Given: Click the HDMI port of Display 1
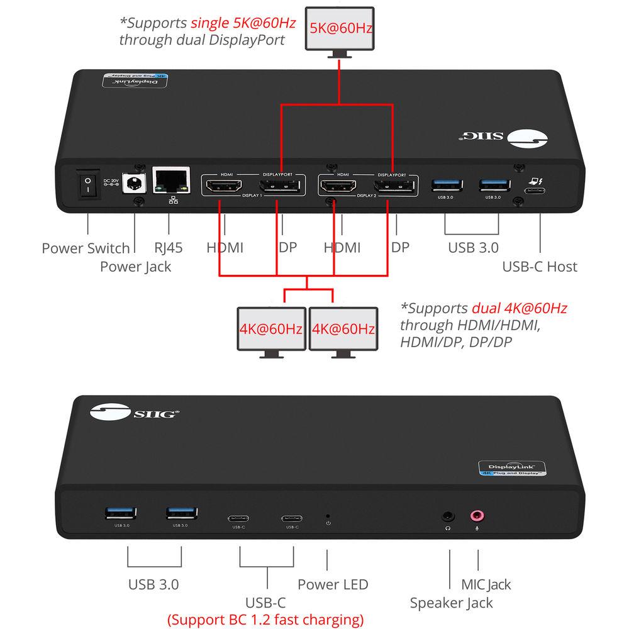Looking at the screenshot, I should coord(222,186).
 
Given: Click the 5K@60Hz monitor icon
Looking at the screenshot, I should coord(340,30).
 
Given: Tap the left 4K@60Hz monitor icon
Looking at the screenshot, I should coord(271,329).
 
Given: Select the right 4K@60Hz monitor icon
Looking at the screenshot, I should coord(343,329).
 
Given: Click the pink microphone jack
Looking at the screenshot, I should coord(478,516).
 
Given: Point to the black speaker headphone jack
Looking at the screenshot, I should coord(448,516).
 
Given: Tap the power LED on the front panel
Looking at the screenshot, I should coord(328,516).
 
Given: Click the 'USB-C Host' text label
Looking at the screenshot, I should coord(539,266).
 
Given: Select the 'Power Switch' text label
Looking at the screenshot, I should coord(86,248).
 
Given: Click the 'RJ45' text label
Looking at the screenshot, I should coord(169,248).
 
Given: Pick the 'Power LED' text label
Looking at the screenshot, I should coord(333,584).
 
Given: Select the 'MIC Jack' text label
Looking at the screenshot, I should coord(486,584).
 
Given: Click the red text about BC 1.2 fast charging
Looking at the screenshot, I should coord(265,619).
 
